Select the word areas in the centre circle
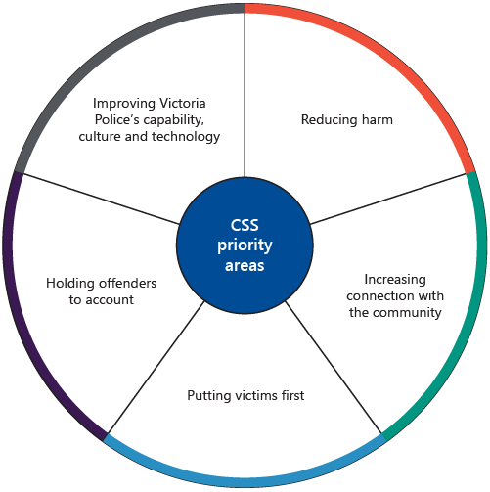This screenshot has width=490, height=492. (x=245, y=265)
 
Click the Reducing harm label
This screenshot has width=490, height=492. (x=346, y=119)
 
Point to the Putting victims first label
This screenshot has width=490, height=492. (x=245, y=396)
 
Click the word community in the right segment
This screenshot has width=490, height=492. (x=402, y=313)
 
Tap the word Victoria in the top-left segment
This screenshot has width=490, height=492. (x=184, y=102)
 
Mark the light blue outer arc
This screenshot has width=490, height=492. (x=245, y=483)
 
